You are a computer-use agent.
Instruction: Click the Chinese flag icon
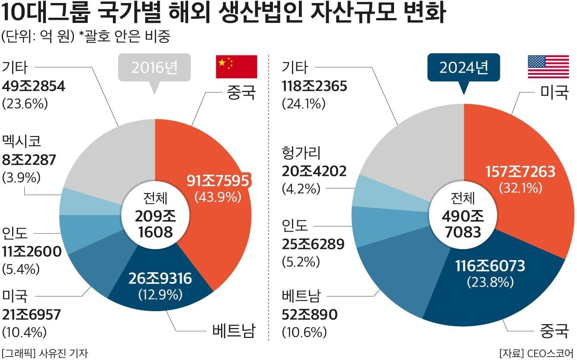point(237,67)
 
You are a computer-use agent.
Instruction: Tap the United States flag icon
point(548,67)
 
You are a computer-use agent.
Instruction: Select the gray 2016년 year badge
point(154,67)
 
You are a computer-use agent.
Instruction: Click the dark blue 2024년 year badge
point(464,67)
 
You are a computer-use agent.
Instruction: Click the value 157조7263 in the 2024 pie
point(520,172)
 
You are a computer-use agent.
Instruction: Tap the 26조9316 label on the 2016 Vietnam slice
point(160,279)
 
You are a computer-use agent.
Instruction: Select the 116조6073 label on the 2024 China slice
point(490,266)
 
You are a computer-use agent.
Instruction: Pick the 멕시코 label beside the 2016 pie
point(22,141)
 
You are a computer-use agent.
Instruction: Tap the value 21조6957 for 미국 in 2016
point(32,315)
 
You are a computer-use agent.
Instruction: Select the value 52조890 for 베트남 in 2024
point(309,315)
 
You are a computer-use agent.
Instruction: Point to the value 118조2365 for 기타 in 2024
point(314,86)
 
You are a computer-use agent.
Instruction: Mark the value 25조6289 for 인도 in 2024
point(313,244)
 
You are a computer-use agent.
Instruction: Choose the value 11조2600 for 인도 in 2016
point(32,252)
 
